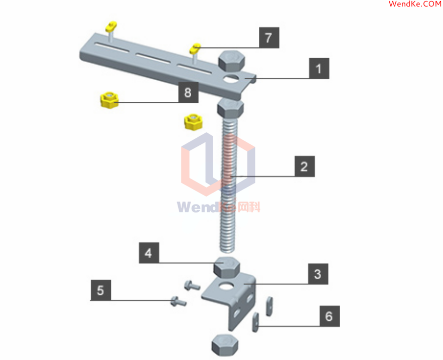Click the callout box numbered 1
[319, 68]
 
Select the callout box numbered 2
[305, 166]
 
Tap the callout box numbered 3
[318, 274]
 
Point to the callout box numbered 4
[149, 253]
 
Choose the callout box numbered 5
[101, 290]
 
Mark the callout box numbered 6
[330, 316]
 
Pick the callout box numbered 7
[269, 38]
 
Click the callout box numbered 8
[189, 92]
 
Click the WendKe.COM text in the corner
[415, 4]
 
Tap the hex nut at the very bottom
[225, 345]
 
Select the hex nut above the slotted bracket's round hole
[231, 61]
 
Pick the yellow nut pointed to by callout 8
[109, 100]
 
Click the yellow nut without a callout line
[193, 122]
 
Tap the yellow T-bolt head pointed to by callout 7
[196, 48]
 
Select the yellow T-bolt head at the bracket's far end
[111, 27]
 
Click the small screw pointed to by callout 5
[178, 301]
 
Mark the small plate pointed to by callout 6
[255, 322]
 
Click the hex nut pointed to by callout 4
[227, 267]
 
